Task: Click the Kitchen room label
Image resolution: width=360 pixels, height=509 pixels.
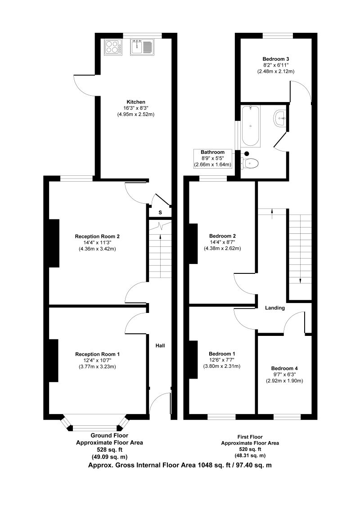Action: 135,102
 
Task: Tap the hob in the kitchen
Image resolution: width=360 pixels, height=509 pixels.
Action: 113,47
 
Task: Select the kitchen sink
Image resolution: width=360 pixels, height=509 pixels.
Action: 143,47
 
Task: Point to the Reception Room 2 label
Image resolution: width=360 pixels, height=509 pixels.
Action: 97,236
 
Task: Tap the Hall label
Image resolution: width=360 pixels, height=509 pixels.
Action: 160,346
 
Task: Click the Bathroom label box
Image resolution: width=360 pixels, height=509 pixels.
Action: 213,159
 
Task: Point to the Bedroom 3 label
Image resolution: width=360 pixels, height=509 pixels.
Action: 275,59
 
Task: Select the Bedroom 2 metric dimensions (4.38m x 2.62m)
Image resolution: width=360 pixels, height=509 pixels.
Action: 222,249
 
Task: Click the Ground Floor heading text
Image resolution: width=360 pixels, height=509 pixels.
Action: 109,435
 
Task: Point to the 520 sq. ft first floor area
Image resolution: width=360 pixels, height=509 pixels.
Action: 250,449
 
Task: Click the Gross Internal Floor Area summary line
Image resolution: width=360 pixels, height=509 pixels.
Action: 180,465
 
